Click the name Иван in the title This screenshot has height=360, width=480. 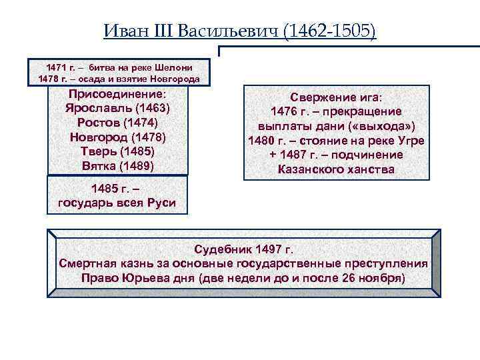[124, 31]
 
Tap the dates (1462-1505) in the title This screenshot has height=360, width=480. [329, 31]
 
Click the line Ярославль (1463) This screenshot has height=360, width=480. [117, 108]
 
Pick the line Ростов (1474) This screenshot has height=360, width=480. [117, 123]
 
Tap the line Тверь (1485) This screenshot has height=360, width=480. [117, 151]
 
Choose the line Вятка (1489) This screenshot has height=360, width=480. [117, 165]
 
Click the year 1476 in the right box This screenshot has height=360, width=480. [285, 111]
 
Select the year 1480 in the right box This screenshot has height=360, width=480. [261, 141]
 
